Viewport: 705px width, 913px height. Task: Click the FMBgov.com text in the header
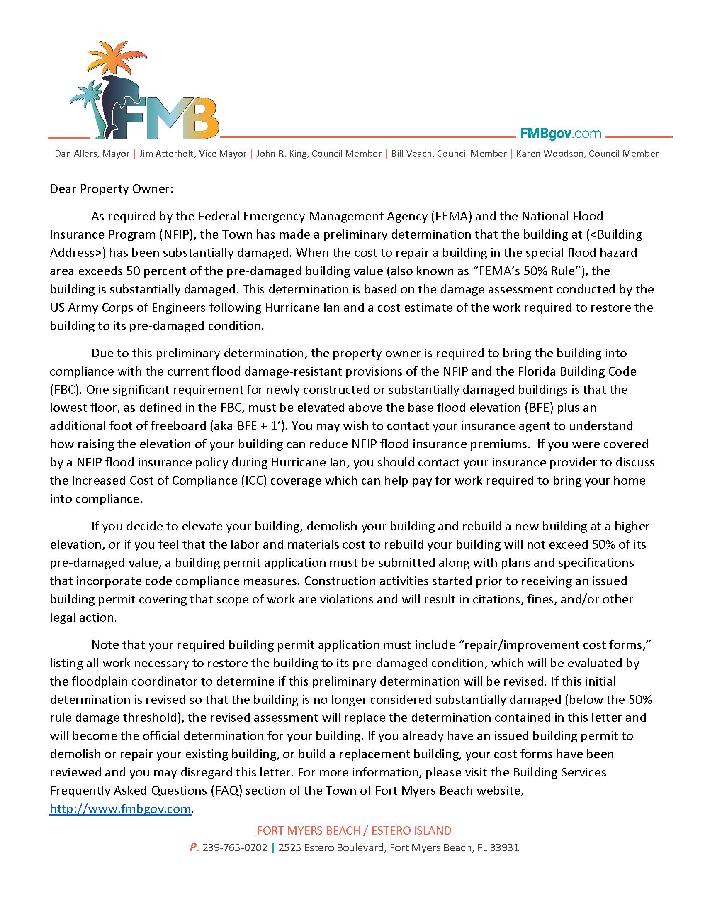coord(560,133)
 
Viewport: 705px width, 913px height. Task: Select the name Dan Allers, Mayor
coord(92,154)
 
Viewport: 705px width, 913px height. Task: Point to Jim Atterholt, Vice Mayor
coord(192,154)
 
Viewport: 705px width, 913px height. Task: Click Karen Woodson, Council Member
coord(587,154)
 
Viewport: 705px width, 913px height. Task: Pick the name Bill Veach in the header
coord(449,154)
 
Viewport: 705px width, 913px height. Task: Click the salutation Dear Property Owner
coord(111,189)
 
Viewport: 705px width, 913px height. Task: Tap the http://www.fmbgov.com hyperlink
coord(120,808)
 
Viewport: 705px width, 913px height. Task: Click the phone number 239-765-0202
coord(235,847)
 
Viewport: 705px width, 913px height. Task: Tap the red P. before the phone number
coord(194,847)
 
